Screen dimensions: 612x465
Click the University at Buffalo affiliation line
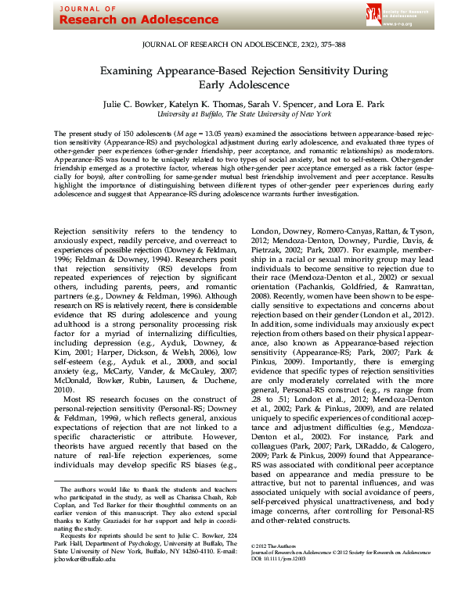pos(232,114)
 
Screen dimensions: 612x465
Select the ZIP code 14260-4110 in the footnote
pos(175,573)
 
